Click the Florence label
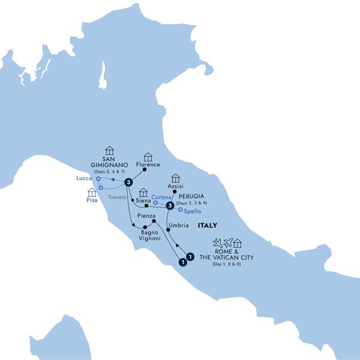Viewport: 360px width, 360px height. pyautogui.click(x=148, y=164)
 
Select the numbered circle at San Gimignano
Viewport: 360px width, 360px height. pyautogui.click(x=128, y=182)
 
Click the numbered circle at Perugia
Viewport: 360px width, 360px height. pyautogui.click(x=170, y=206)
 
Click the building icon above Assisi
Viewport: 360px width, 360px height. pyautogui.click(x=175, y=178)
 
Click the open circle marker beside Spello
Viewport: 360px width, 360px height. pyautogui.click(x=180, y=210)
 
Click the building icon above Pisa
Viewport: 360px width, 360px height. pyautogui.click(x=92, y=193)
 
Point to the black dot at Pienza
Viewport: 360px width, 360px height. pyautogui.click(x=154, y=221)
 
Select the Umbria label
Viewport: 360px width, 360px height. pyautogui.click(x=179, y=225)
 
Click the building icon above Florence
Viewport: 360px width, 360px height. pyautogui.click(x=148, y=157)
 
